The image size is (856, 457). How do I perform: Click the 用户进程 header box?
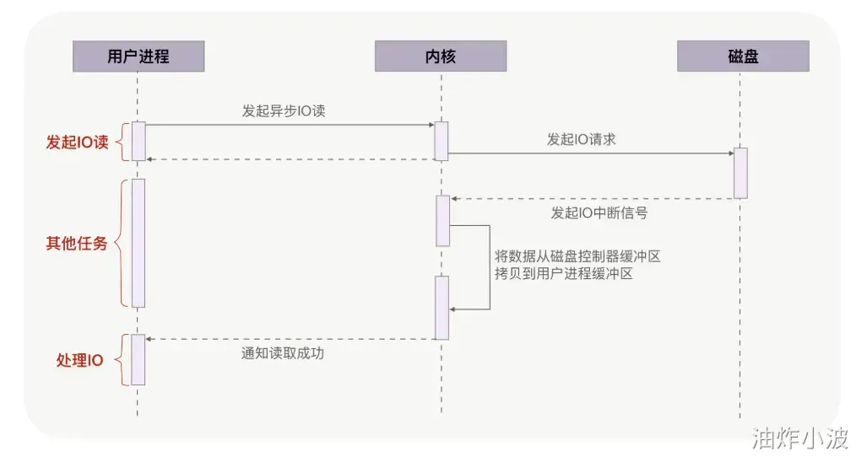pos(138,56)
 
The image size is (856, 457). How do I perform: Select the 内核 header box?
pos(441,56)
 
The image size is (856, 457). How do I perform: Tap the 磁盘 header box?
pos(743,56)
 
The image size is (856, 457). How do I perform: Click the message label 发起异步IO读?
pos(284,110)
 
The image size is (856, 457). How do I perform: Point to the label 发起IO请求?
pos(581,139)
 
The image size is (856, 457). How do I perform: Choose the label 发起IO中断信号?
pos(599,212)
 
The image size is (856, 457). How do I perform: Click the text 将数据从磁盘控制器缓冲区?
pos(577,256)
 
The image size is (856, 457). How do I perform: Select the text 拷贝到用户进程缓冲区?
pos(564,274)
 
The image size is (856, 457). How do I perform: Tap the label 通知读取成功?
pos(283,353)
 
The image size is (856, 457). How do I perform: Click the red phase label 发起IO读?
pos(77,142)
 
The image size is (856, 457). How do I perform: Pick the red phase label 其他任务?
pos(77,244)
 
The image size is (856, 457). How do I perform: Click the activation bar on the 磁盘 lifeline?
pos(740,173)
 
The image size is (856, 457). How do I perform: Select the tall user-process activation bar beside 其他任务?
pos(138,243)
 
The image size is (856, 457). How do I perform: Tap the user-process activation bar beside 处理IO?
pos(138,359)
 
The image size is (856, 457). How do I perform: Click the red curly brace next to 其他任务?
pos(120,243)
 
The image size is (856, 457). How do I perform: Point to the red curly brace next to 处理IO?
pos(120,360)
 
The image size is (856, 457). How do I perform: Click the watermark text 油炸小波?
pos(800,438)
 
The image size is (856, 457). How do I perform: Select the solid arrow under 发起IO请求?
pos(591,153)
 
